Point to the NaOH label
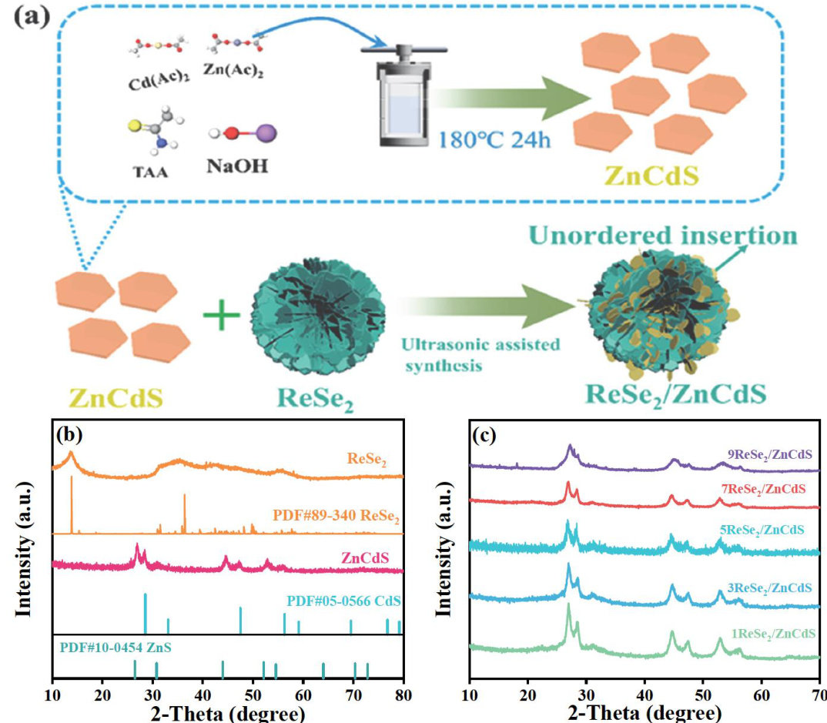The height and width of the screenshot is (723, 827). tap(237, 166)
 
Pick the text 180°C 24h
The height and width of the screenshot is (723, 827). tap(494, 140)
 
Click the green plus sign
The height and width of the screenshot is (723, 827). tap(221, 320)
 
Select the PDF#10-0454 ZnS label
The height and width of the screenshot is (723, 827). tap(116, 647)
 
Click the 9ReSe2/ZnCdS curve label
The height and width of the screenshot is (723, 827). tap(766, 454)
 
